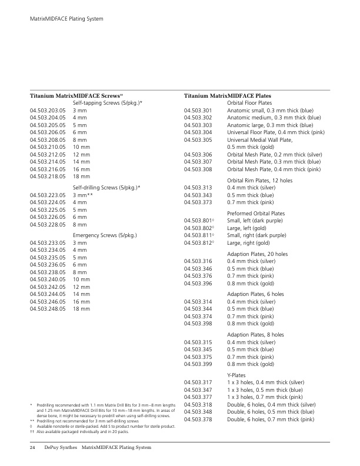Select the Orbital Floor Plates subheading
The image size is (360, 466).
pyautogui.click(x=252, y=102)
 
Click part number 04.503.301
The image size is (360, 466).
pyautogui.click(x=198, y=110)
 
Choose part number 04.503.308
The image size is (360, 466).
pyautogui.click(x=198, y=169)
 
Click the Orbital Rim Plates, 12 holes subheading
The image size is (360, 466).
pyautogui.click(x=259, y=179)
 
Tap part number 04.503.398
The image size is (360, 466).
pyautogui.click(x=198, y=323)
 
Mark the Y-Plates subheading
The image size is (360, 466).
pyautogui.click(x=236, y=375)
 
